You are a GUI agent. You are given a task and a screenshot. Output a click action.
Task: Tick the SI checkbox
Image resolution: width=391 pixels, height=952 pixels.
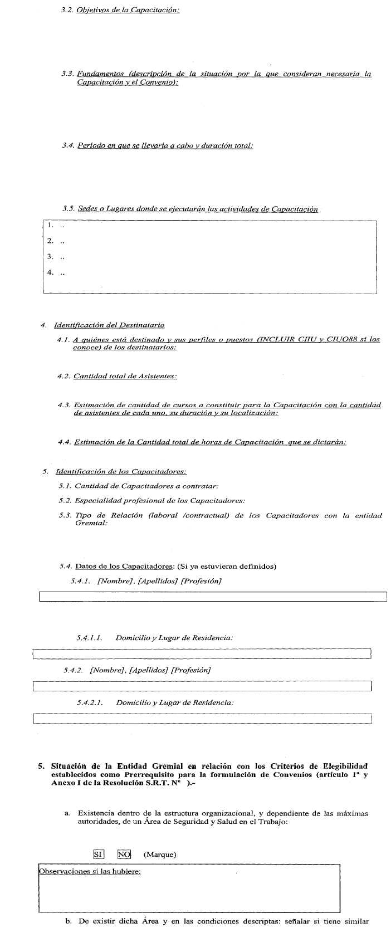99,854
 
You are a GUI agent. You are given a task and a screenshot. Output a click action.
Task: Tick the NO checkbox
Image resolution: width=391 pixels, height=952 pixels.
124,854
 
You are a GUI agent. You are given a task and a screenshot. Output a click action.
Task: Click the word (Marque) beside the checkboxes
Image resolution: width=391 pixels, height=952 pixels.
160,855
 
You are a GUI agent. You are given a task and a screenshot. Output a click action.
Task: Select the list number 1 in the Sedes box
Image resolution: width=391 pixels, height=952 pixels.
50,226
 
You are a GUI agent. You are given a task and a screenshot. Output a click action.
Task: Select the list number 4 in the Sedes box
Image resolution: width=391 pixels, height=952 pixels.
50,273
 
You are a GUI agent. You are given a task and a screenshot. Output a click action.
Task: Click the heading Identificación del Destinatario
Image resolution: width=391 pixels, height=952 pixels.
109,325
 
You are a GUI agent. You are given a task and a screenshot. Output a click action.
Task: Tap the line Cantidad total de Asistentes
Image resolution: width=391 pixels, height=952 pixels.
125,377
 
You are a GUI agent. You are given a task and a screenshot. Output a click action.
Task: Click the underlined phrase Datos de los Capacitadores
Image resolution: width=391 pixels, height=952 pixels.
124,567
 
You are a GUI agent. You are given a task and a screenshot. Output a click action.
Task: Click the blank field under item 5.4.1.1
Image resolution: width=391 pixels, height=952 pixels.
202,653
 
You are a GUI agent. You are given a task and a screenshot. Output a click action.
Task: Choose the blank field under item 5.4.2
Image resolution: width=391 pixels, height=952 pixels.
202,686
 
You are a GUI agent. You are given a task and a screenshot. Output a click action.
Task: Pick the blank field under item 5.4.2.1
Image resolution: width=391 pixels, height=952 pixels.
202,719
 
